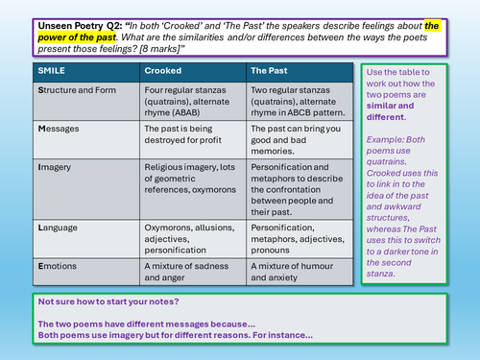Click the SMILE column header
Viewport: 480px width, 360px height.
pyautogui.click(x=51, y=71)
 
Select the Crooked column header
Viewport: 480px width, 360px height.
pyautogui.click(x=163, y=71)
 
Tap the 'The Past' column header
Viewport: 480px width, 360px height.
pyautogui.click(x=269, y=71)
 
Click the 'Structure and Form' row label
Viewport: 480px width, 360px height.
pyautogui.click(x=77, y=90)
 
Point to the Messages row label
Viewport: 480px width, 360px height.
pyautogui.click(x=59, y=129)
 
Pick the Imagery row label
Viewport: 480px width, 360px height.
pyautogui.click(x=55, y=167)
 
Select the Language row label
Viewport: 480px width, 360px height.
pyautogui.click(x=58, y=228)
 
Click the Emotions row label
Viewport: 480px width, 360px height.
pyautogui.click(x=58, y=266)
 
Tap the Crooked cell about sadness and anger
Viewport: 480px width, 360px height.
pyautogui.click(x=186, y=272)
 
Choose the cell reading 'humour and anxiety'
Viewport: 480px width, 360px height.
pyautogui.click(x=292, y=272)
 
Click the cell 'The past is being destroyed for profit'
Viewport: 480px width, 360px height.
pyautogui.click(x=182, y=134)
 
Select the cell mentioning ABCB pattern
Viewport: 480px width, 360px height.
pyautogui.click(x=298, y=102)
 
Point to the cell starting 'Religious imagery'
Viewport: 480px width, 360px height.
pyautogui.click(x=190, y=179)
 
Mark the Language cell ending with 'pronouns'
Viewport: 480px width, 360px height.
pyautogui.click(x=298, y=239)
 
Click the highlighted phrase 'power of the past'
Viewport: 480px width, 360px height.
pyautogui.click(x=77, y=37)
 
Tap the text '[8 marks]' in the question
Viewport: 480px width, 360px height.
pyautogui.click(x=160, y=49)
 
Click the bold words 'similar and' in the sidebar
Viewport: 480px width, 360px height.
pyautogui.click(x=390, y=106)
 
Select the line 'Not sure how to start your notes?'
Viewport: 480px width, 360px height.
pyautogui.click(x=108, y=301)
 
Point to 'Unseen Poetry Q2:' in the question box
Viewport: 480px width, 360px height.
pyautogui.click(x=80, y=26)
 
